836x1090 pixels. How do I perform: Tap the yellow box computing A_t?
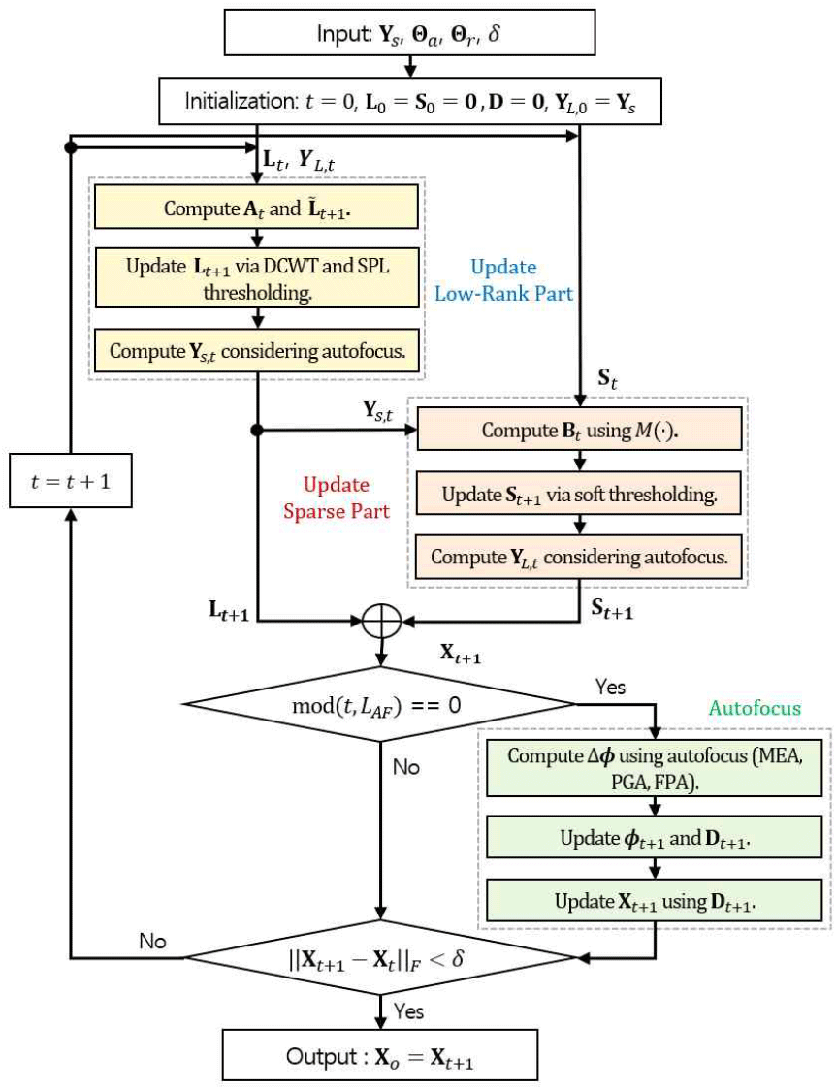256,208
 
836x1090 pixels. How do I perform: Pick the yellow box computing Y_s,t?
256,350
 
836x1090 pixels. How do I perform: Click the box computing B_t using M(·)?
580,430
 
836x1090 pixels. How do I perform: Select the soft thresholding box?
580,495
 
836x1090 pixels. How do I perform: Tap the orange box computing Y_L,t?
580,557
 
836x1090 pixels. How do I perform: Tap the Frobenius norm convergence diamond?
382,958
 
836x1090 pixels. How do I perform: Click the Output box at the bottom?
381,1054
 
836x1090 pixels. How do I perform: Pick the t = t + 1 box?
71,479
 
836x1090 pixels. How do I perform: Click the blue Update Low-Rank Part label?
504,278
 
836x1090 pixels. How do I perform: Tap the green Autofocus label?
755,707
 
